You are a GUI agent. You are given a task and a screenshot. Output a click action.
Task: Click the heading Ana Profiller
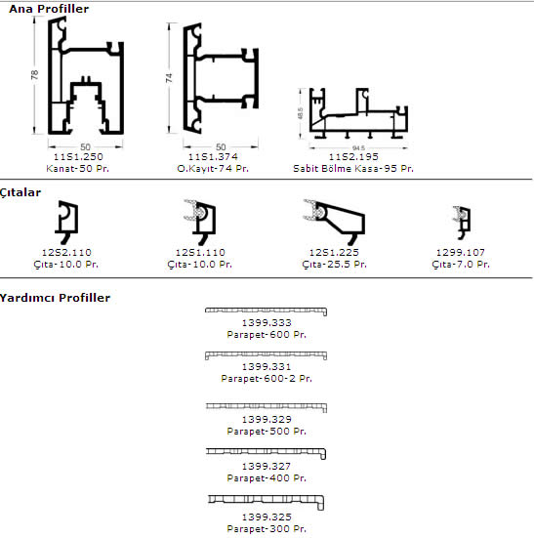click(49, 9)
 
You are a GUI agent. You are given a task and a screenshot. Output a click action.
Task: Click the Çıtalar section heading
click(21, 192)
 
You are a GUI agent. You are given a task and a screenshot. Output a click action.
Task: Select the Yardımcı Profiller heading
click(56, 298)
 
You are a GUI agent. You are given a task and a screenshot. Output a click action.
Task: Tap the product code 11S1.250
click(78, 157)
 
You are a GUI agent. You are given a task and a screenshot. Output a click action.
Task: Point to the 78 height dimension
click(34, 74)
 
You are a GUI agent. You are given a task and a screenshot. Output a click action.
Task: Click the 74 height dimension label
click(169, 78)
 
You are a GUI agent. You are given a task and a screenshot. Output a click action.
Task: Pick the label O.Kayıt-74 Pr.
click(213, 169)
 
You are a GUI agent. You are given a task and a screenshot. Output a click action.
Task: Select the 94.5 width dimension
click(358, 147)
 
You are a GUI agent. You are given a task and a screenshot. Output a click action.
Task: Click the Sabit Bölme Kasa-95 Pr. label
click(353, 169)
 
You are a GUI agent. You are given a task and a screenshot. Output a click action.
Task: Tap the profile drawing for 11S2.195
click(358, 113)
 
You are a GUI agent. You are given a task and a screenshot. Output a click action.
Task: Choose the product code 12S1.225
click(334, 253)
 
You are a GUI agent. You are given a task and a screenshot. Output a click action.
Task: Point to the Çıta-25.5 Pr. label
click(335, 265)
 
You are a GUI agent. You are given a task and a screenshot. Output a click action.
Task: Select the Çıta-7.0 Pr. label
click(461, 265)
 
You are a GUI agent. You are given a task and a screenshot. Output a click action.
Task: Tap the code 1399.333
click(267, 323)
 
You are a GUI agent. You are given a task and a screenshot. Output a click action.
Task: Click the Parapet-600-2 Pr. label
click(267, 379)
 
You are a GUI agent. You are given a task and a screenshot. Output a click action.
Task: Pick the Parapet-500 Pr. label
click(267, 431)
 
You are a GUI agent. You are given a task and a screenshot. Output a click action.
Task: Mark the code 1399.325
click(267, 517)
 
